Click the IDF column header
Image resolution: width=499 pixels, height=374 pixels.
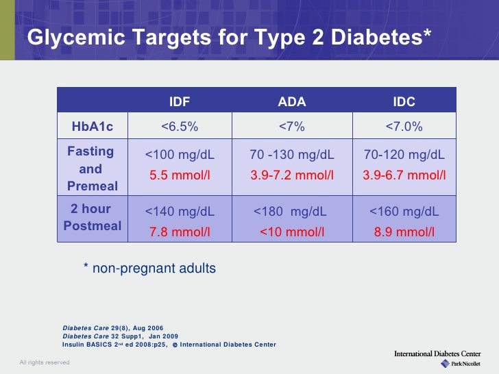180,102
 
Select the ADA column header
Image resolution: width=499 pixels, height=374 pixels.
292,102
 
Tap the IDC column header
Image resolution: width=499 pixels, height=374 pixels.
404,102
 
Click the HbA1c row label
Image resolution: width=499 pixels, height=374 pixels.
93,127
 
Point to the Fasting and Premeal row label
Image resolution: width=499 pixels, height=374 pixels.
92,169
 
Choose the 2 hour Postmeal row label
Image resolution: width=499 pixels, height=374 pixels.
92,218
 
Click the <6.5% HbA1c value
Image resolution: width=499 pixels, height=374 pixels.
180,127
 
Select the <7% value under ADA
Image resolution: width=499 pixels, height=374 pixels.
292,127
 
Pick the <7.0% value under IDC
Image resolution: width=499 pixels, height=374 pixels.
404,127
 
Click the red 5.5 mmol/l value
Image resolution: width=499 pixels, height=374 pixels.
180,175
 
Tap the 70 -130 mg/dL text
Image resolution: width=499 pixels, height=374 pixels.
292,155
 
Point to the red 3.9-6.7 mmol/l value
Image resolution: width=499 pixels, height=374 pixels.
404,175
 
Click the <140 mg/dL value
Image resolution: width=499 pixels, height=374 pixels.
180,212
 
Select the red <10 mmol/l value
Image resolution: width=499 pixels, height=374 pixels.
292,232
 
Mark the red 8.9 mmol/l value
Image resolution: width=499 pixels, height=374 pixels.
404,232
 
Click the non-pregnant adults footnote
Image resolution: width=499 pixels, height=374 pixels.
149,269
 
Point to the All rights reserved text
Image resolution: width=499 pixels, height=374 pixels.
44,362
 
